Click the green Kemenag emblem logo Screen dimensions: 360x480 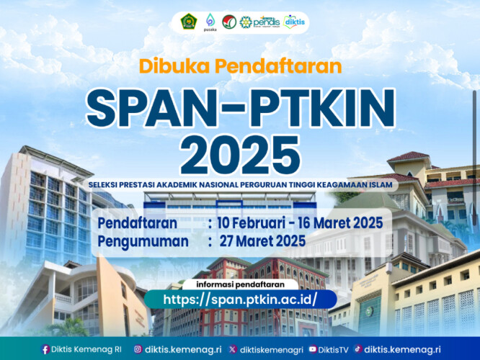187,22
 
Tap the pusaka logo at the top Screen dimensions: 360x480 210,22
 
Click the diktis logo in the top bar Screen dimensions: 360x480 294,22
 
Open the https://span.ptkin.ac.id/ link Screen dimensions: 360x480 240,298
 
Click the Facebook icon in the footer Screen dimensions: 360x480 46,349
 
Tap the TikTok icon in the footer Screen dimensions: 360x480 357,349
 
